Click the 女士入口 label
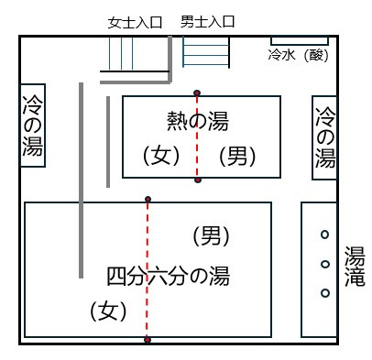click(135, 23)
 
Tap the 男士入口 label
click(208, 22)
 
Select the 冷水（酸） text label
click(299, 55)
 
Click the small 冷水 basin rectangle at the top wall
click(300, 40)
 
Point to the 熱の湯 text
click(198, 121)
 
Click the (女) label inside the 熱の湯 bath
click(161, 156)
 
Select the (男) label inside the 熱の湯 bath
click(237, 156)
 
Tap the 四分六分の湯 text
click(168, 276)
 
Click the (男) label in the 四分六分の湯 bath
click(211, 235)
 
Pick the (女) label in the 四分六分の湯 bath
click(108, 311)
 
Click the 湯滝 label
click(355, 266)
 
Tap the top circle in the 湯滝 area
click(325, 235)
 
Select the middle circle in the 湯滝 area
click(325, 264)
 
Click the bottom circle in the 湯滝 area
click(325, 293)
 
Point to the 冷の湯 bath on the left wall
click(33, 125)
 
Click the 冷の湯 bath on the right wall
click(324, 137)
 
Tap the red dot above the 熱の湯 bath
click(197, 93)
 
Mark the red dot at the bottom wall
click(148, 340)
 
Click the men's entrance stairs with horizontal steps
click(206, 51)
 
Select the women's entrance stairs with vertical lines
click(121, 53)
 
